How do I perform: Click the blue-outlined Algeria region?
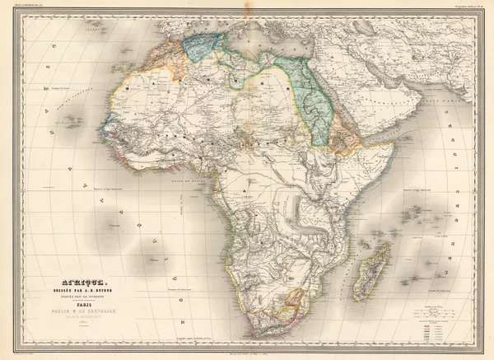[201, 46]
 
